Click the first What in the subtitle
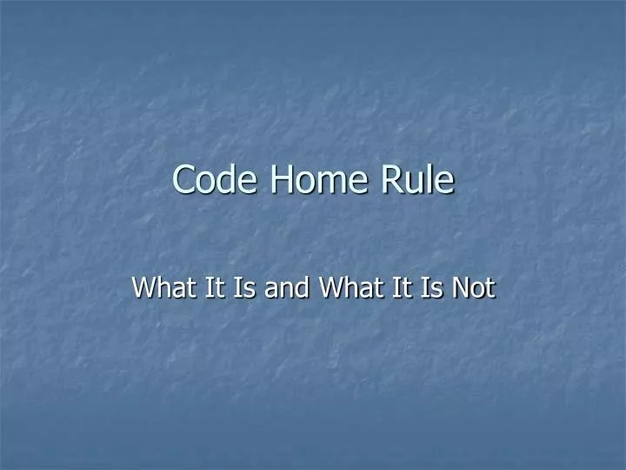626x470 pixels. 162,286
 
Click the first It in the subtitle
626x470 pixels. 211,286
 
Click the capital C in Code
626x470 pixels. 183,179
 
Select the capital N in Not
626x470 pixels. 462,286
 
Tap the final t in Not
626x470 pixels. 489,287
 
